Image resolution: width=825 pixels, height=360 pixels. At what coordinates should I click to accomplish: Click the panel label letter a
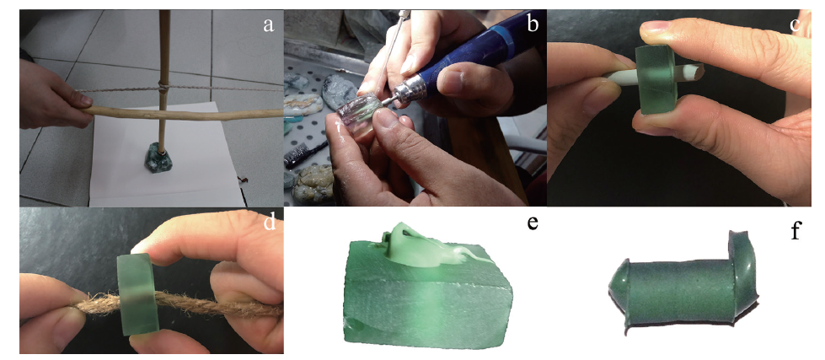269,24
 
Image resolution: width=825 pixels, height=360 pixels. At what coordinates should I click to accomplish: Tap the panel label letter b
533,23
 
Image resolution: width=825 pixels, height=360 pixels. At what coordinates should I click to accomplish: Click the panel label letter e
533,223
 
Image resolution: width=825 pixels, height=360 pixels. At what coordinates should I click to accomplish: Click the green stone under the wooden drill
158,157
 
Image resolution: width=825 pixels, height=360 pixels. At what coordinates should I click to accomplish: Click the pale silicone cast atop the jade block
426,246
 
